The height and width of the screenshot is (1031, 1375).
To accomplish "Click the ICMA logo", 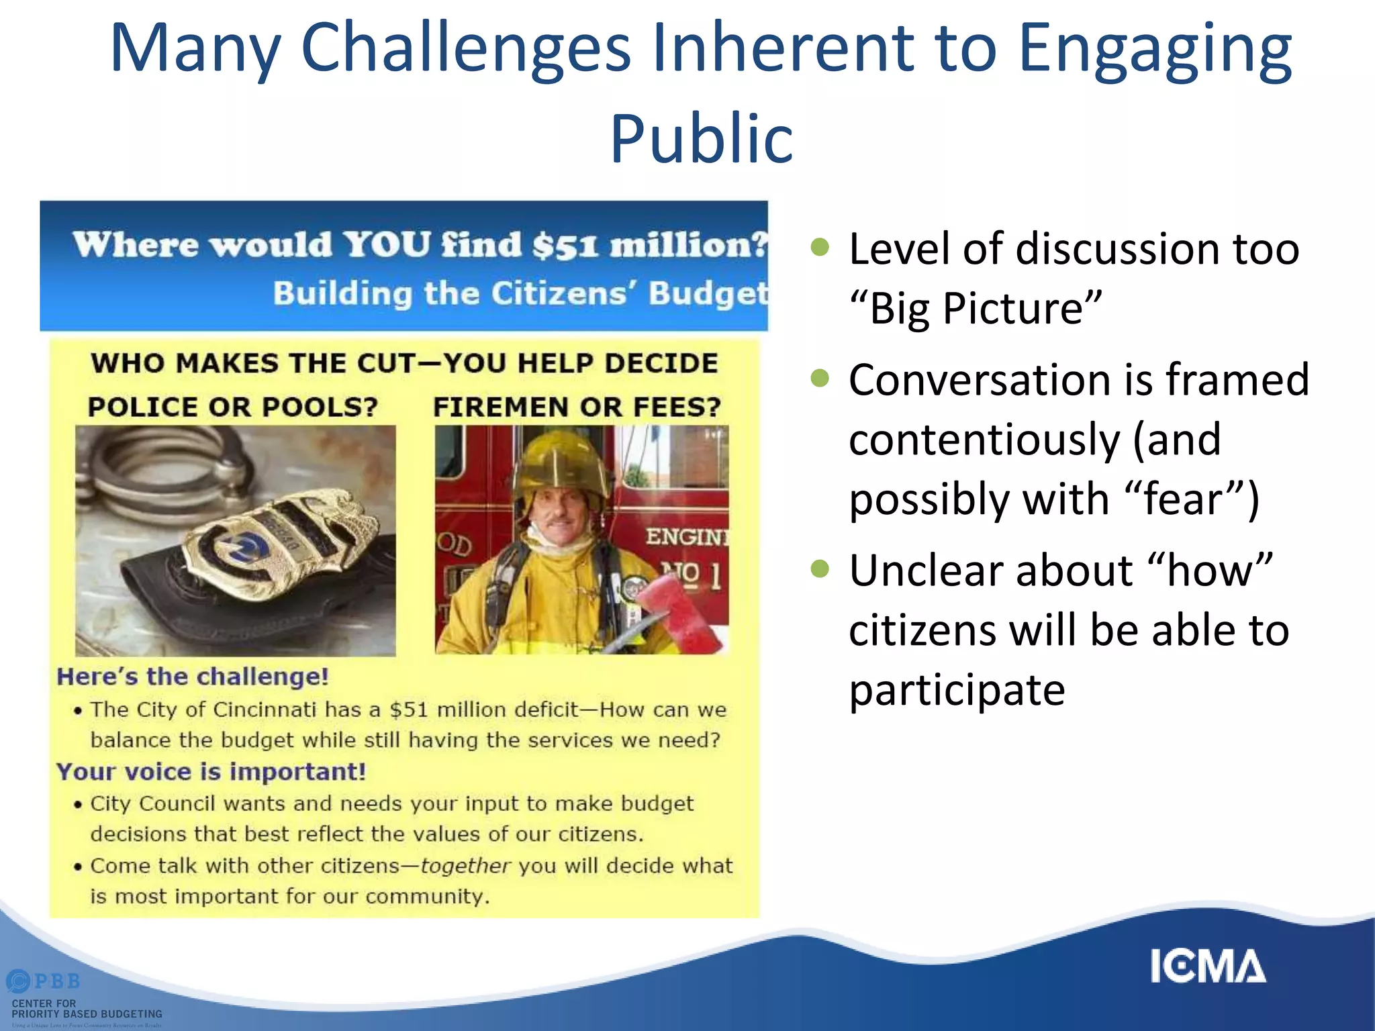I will click(1207, 967).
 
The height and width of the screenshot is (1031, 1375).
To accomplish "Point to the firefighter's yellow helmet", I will click(561, 463).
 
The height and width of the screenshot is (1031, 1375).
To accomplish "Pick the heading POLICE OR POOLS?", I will click(232, 407).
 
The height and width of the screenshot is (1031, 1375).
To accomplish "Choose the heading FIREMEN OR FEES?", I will click(577, 407).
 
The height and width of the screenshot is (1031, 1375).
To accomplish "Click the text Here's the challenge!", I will click(193, 677).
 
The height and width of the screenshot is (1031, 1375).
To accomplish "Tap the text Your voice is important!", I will click(211, 772).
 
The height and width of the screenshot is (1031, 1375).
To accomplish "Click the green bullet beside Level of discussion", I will click(820, 247).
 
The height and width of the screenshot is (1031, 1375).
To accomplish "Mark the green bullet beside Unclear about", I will click(820, 569).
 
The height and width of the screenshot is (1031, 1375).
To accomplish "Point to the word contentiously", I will click(984, 440).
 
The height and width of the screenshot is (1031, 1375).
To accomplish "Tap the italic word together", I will click(465, 866).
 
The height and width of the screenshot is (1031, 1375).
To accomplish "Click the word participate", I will click(957, 690).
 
